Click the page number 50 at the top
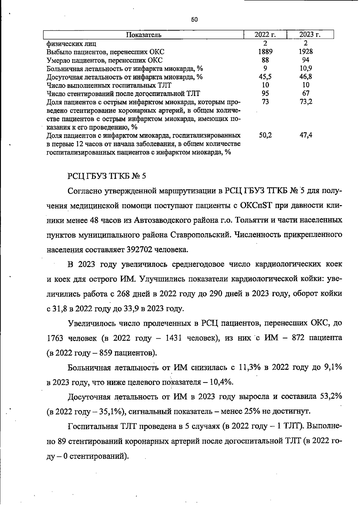194,20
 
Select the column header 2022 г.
265,34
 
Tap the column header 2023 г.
310,34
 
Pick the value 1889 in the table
265,52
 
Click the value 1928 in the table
306,52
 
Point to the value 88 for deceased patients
265,60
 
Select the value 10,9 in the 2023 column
306,68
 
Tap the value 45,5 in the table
265,77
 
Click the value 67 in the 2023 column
306,93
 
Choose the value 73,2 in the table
306,102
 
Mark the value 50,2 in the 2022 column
265,135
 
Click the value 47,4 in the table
306,135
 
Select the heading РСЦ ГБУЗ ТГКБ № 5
107,176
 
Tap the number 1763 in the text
55,338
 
